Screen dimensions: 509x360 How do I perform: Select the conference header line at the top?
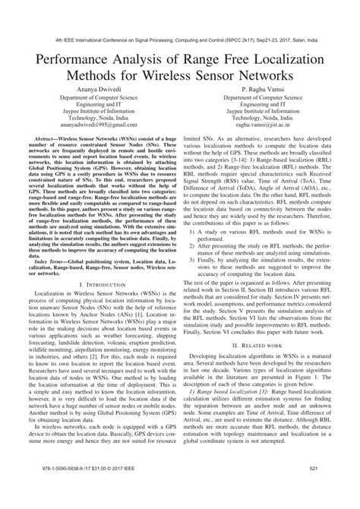pyautogui.click(x=180, y=35)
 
